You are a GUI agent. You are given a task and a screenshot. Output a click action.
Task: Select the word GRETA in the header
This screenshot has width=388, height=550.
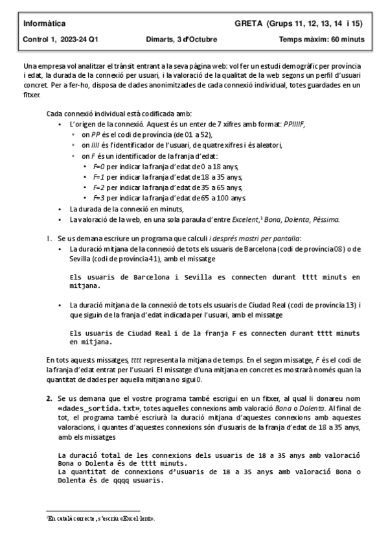pos(249,24)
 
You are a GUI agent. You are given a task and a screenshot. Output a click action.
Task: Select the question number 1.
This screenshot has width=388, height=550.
pos(49,239)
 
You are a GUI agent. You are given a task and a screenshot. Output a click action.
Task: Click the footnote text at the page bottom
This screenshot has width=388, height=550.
pos(100,519)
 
